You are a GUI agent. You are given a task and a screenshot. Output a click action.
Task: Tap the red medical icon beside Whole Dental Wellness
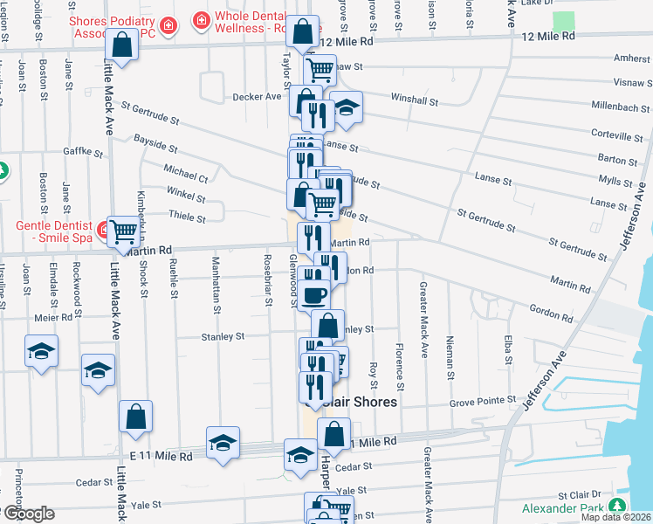(202, 18)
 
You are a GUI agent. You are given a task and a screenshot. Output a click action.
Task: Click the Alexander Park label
(563, 508)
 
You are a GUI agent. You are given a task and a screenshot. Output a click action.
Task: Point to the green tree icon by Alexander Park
(619, 507)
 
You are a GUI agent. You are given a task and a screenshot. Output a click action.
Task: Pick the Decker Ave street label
(255, 97)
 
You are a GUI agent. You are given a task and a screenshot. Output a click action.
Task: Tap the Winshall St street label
(415, 100)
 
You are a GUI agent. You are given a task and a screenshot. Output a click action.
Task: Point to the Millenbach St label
(615, 114)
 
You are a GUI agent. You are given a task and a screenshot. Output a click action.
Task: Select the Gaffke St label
(84, 151)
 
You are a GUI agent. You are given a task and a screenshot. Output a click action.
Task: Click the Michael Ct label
(185, 171)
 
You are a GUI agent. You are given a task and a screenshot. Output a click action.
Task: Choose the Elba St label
(507, 347)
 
